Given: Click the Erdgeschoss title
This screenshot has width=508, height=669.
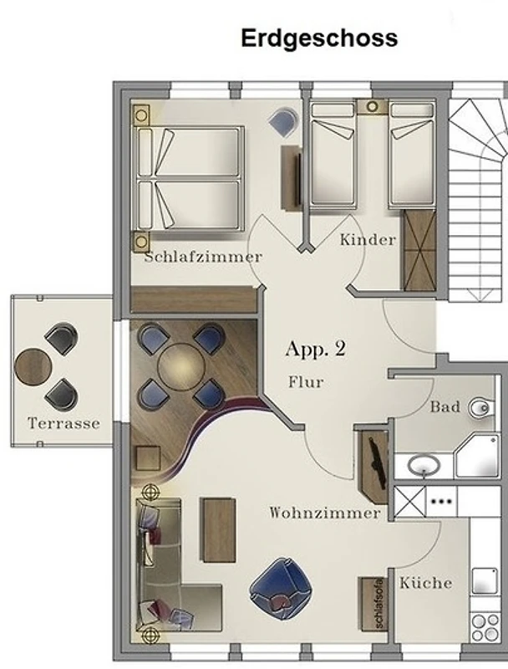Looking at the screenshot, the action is click(319, 38).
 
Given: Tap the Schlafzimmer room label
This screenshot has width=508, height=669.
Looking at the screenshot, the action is click(203, 257).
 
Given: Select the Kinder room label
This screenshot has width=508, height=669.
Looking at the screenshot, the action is click(368, 240).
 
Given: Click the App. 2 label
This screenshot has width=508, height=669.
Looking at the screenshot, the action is click(315, 349).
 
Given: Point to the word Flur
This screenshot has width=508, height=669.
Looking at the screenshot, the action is click(306, 381).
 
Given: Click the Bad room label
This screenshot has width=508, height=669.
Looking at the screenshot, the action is click(445, 406).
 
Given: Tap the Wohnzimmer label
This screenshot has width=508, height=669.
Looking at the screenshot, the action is click(325, 513).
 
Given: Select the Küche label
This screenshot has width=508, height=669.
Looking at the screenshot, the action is click(426, 583).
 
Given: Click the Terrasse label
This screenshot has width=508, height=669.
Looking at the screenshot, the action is click(64, 423).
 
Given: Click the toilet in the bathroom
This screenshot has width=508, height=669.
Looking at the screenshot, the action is click(481, 408).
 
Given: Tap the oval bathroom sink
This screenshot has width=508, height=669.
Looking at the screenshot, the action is click(424, 465).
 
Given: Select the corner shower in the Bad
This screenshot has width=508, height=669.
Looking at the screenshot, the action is click(477, 456).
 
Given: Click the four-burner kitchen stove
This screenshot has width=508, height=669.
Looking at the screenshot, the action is click(485, 627).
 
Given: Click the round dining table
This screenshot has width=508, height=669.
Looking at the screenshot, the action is click(181, 367).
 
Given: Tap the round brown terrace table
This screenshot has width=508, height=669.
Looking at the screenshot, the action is click(33, 367).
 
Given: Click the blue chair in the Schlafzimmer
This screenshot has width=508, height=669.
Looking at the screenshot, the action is click(283, 121).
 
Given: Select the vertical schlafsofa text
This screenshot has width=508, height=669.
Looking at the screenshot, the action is click(379, 603).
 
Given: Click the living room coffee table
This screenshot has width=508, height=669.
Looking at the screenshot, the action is click(218, 530).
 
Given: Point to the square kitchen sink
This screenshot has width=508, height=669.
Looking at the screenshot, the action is click(485, 581).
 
